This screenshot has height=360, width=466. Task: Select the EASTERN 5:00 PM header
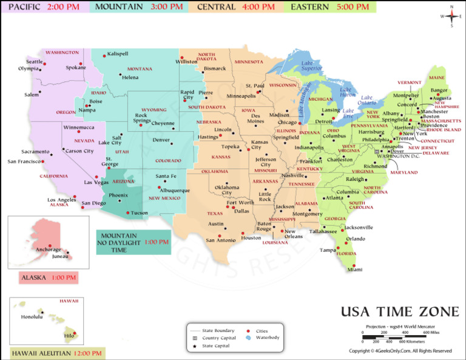(x=329, y=7)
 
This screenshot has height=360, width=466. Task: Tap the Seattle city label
(x=35, y=62)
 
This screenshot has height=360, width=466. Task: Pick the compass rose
(x=451, y=16)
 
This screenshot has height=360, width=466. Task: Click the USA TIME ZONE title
(x=400, y=312)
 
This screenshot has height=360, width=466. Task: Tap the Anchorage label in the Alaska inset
(x=48, y=250)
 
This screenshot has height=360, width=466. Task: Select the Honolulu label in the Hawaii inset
(x=32, y=317)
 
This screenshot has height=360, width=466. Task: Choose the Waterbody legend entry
(x=267, y=337)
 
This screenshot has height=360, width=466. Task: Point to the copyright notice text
(x=400, y=351)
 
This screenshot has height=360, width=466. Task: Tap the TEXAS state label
(x=215, y=214)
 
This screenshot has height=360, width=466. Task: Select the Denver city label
(x=161, y=140)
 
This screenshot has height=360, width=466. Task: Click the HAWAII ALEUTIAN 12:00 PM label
(x=57, y=353)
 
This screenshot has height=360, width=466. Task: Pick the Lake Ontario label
(x=368, y=100)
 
